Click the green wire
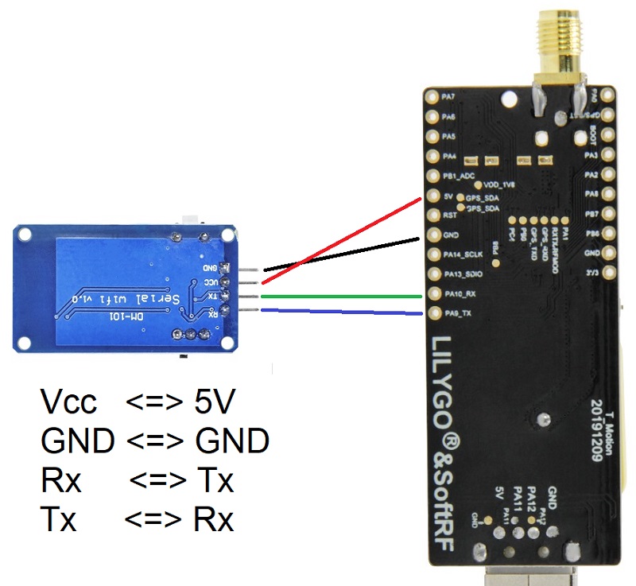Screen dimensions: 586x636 click(342, 297)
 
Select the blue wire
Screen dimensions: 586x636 click(342, 312)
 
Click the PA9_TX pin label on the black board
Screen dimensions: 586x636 click(460, 313)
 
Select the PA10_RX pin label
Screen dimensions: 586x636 click(461, 293)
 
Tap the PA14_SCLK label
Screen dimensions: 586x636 click(466, 254)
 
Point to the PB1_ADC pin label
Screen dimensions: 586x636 click(463, 176)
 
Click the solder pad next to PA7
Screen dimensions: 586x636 click(432, 97)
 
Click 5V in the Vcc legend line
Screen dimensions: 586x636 click(214, 403)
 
